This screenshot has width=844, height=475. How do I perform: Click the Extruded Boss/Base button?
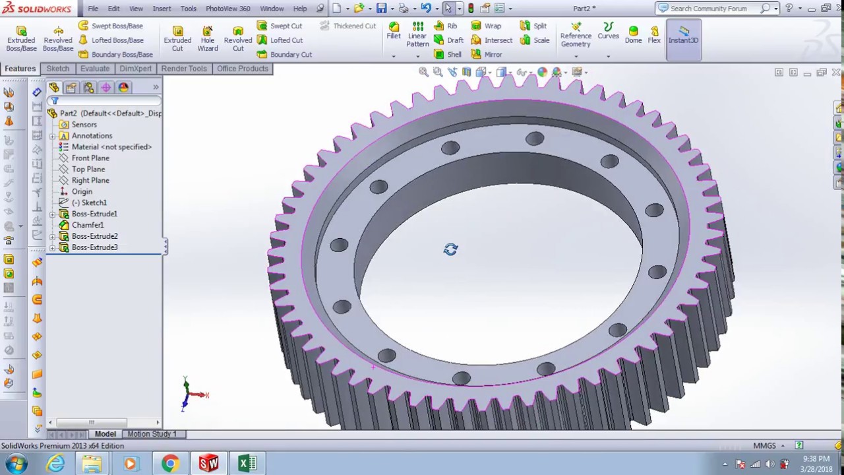click(21, 39)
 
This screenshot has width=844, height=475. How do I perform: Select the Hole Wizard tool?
click(207, 39)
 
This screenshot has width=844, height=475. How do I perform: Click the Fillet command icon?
click(394, 30)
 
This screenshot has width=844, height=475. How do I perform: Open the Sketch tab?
click(57, 69)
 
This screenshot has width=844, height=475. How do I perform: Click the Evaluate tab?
click(95, 69)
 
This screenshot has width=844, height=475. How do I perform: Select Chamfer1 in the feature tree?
click(87, 225)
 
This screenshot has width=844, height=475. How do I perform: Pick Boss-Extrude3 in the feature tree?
click(94, 247)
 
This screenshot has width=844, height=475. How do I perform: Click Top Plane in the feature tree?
click(88, 169)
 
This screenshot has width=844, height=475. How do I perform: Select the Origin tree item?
click(82, 191)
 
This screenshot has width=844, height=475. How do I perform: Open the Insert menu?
click(162, 9)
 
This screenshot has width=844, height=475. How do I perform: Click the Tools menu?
click(189, 9)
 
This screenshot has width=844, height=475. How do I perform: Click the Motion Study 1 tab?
click(152, 433)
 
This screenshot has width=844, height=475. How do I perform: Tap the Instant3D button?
click(683, 36)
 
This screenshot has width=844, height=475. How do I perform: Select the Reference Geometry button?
click(576, 36)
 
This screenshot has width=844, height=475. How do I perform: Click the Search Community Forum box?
click(709, 9)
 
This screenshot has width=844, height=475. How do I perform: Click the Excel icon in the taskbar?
click(247, 464)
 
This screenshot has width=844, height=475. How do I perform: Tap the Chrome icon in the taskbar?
click(170, 464)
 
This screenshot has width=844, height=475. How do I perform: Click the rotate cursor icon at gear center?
click(450, 249)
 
